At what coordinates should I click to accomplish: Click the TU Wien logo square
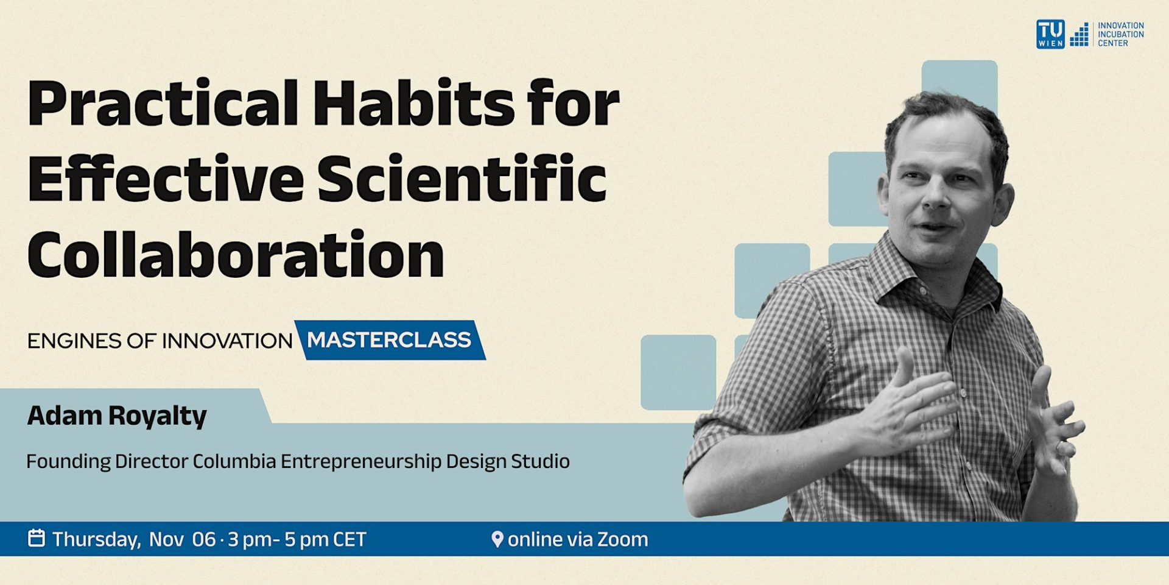(1050, 34)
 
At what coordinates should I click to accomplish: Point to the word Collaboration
(236, 255)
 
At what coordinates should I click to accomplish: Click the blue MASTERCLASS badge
(389, 340)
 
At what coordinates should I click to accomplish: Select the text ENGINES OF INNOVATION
(160, 341)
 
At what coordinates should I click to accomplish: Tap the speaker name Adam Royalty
(117, 416)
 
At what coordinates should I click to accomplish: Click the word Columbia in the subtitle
(234, 461)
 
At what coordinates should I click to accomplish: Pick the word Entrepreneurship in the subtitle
(360, 461)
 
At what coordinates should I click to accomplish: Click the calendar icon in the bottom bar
(37, 538)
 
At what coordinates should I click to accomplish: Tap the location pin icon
(497, 539)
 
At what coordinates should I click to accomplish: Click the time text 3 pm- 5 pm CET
(297, 539)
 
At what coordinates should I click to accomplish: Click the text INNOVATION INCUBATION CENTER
(1120, 34)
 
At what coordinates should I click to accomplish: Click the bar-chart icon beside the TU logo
(1079, 35)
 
